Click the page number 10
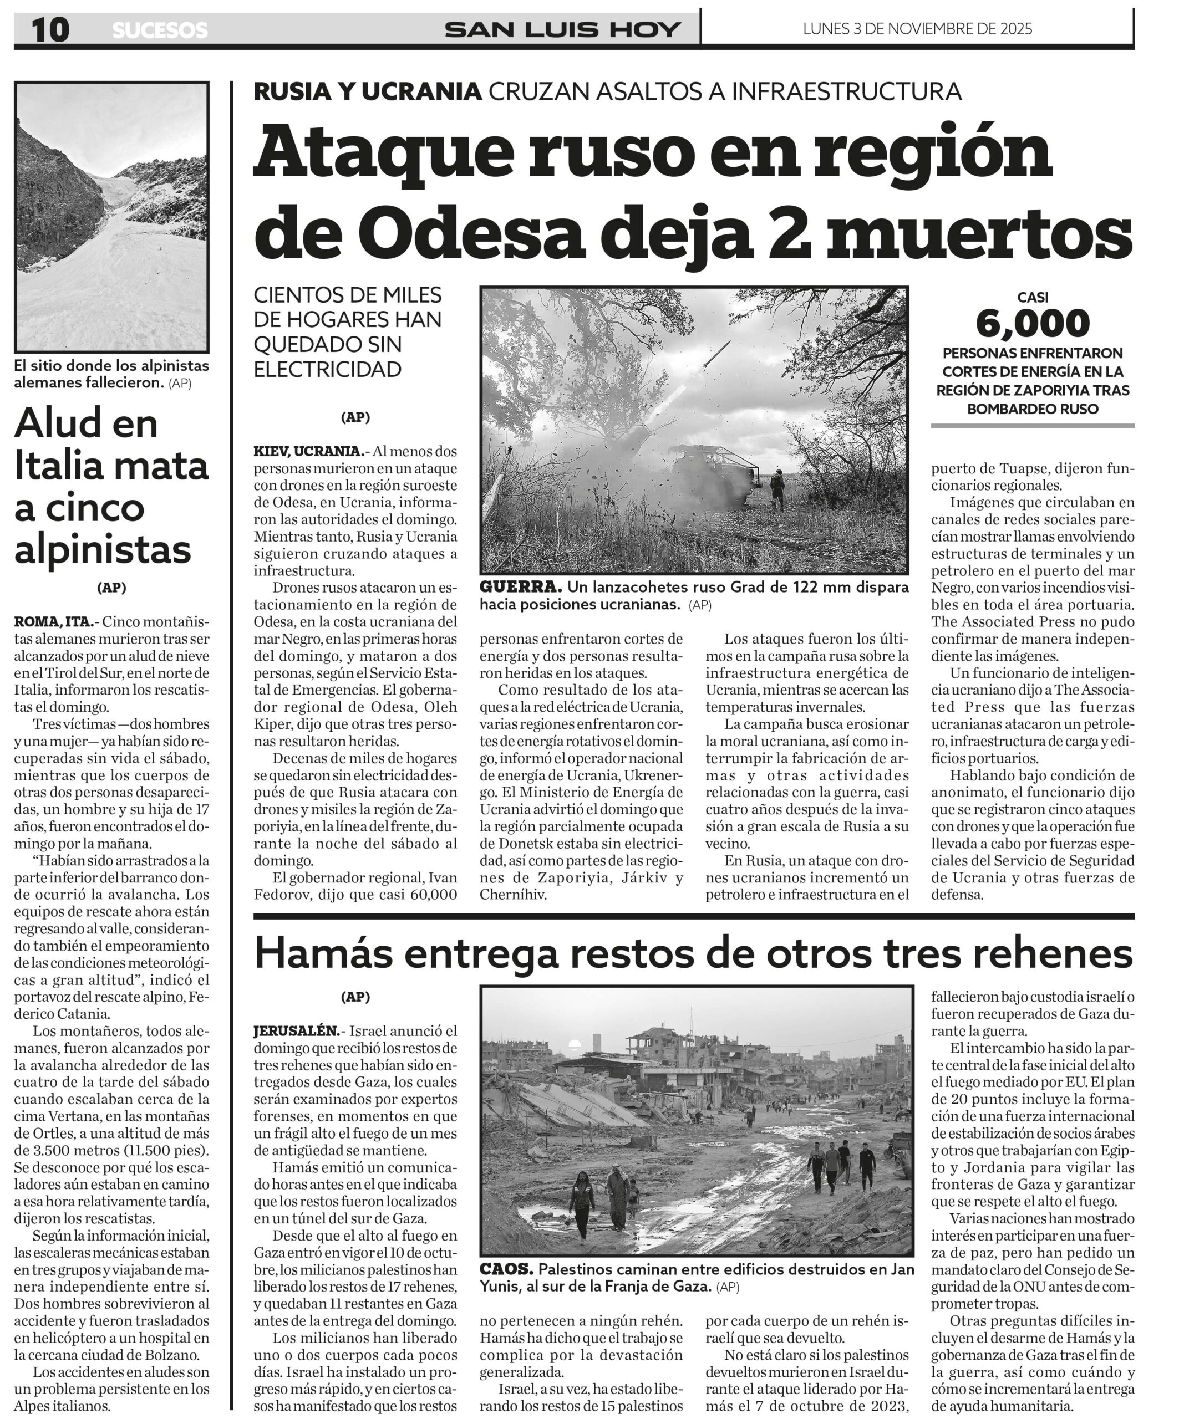click(x=49, y=29)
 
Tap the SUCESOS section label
click(x=160, y=30)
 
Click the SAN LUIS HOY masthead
click(x=562, y=29)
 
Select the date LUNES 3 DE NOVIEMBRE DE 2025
click(x=917, y=28)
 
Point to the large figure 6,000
click(x=1032, y=324)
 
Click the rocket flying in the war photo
click(x=716, y=354)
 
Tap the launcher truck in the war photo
click(x=716, y=473)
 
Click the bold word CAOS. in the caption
click(x=506, y=1268)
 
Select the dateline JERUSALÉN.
click(x=297, y=1030)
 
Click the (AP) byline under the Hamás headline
click(x=355, y=996)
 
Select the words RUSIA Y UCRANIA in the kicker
click(x=367, y=91)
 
